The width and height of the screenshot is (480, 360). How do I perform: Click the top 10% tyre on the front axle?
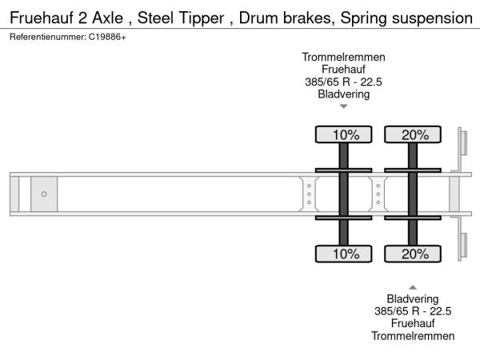tap(344, 134)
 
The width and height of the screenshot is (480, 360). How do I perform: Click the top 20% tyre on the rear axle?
tap(413, 134)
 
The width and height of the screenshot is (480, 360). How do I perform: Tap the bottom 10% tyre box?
tap(344, 254)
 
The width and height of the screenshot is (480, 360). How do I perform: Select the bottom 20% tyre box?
tap(413, 254)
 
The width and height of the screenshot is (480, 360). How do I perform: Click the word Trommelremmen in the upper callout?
tap(343, 57)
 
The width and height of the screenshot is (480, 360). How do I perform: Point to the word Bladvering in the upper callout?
tap(343, 94)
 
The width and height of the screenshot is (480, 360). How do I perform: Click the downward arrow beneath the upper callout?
tap(343, 106)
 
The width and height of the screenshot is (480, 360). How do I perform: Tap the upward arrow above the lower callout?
tap(413, 286)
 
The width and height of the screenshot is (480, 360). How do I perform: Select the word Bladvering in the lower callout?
tap(413, 299)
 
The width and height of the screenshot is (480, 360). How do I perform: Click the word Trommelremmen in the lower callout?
tap(413, 336)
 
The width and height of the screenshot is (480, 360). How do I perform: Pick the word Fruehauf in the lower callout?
tap(413, 324)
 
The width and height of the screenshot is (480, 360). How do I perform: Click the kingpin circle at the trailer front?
tap(44, 194)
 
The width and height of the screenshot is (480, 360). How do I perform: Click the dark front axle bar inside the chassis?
tap(344, 194)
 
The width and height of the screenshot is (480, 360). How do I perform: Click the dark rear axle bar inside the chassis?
tap(413, 194)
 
